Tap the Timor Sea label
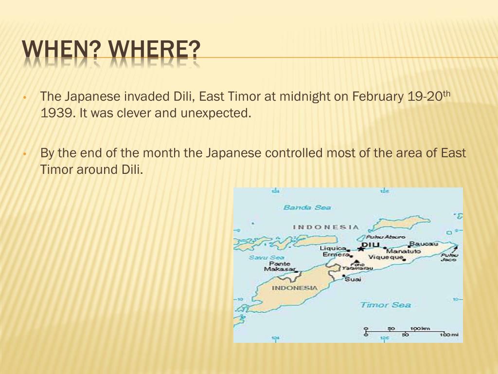pos(385,305)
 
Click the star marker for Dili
pos(361,248)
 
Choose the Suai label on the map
pos(353,279)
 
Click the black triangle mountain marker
pos(356,262)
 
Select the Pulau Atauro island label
pos(389,237)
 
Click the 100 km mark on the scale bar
pos(419,329)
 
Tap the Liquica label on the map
pos(333,248)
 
